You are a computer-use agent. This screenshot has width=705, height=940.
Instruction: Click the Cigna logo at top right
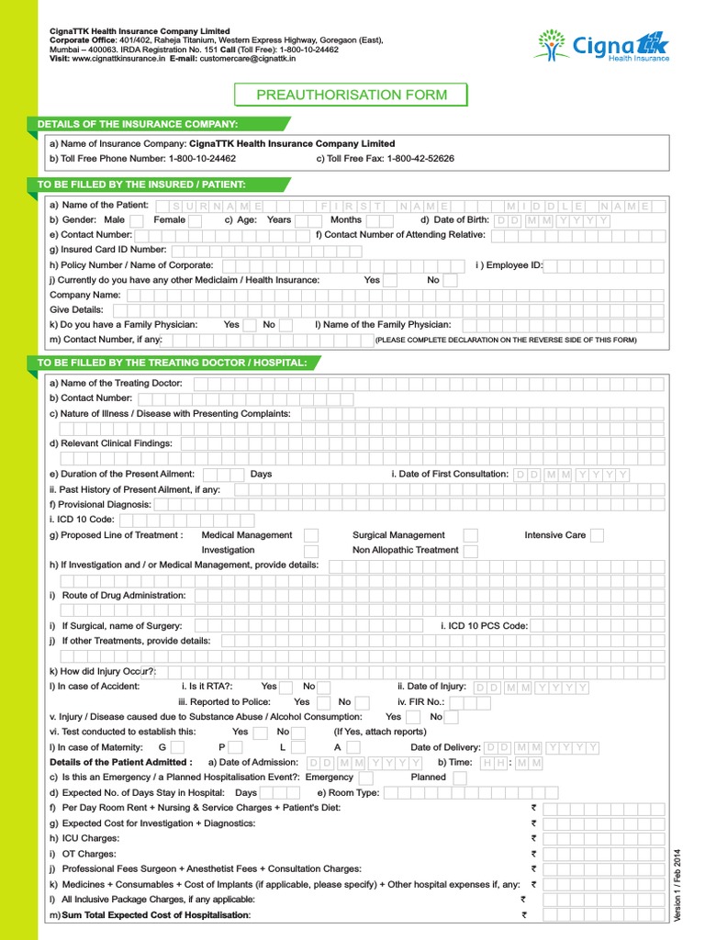pyautogui.click(x=604, y=44)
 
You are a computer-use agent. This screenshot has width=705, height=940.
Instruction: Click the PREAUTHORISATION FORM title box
pyautogui.click(x=352, y=95)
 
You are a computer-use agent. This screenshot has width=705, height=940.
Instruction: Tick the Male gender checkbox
pyautogui.click(x=136, y=220)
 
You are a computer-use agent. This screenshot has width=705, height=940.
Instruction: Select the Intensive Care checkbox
pyautogui.click(x=597, y=535)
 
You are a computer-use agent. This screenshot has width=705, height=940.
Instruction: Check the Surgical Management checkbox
pyautogui.click(x=470, y=535)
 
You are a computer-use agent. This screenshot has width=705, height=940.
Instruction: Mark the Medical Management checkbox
pyautogui.click(x=311, y=535)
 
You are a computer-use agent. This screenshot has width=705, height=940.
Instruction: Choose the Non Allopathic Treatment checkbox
pyautogui.click(x=470, y=551)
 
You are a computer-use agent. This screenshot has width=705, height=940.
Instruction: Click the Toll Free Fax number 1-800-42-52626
pyautogui.click(x=420, y=159)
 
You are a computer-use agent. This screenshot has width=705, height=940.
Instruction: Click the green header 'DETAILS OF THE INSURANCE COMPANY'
pyautogui.click(x=138, y=124)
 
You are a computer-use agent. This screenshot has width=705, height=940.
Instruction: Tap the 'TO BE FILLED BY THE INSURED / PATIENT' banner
pyautogui.click(x=142, y=185)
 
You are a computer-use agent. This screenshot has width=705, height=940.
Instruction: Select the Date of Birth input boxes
pyautogui.click(x=552, y=221)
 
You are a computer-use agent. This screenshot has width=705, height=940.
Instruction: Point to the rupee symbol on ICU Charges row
pyautogui.click(x=533, y=838)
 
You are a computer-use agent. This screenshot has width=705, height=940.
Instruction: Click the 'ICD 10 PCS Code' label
pyautogui.click(x=484, y=626)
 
